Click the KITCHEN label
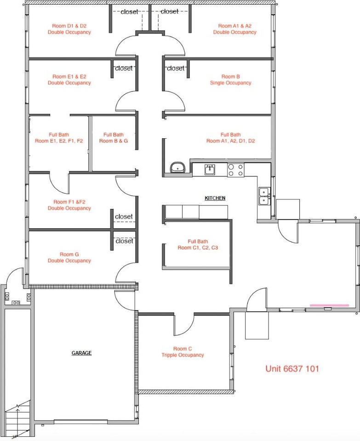coord(215,198)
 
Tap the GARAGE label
coord(81,353)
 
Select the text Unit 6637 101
coord(292,368)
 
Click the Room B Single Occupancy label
coord(230,80)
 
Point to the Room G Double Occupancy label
coord(69,257)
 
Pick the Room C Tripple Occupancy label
coord(183,352)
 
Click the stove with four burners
coord(236,170)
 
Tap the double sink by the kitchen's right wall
coord(264,197)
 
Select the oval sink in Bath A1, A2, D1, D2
coord(177,168)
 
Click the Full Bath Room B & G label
coord(114,138)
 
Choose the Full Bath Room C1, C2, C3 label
coord(198,244)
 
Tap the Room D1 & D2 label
coord(69,29)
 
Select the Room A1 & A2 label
coord(234,29)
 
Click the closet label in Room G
coord(124,241)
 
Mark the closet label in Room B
coord(175,68)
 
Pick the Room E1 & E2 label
coord(69,79)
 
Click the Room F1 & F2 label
coord(69,205)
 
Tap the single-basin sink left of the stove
coord(210,170)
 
